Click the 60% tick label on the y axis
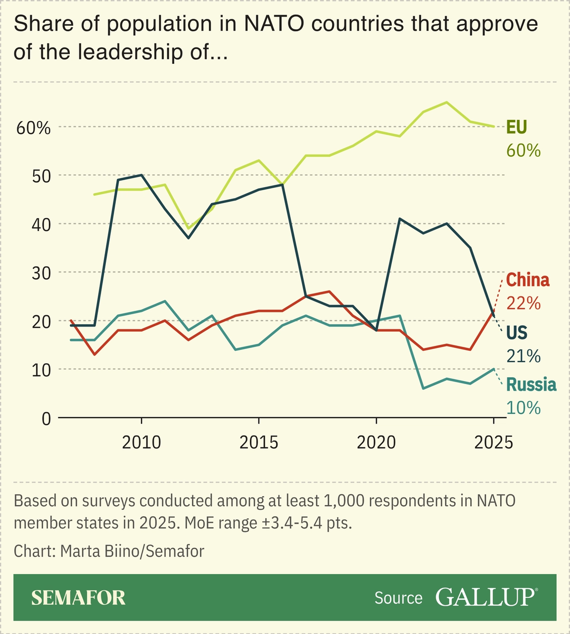34,128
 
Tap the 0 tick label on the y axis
46,419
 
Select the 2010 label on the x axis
142,442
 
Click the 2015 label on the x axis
259,442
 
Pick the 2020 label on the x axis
376,442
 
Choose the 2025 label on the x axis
493,442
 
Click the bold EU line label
516,127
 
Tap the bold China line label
527,280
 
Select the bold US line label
517,333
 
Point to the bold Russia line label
531,385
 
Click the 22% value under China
523,303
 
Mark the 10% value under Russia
523,407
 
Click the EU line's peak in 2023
447,102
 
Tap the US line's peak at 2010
142,175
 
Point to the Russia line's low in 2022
423,389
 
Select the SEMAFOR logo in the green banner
78,597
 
